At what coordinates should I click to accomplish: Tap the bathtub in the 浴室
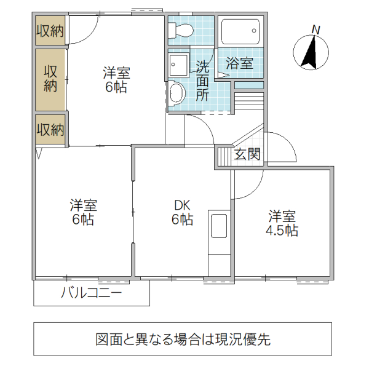pos(239,30)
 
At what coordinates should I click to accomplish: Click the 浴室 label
pos(239,63)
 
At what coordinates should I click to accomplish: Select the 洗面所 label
pos(202,80)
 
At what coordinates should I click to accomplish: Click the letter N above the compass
pos(316,29)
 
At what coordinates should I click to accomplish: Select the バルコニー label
pos(91,293)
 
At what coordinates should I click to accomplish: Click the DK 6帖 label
pos(182,212)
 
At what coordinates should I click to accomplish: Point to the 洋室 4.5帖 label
pos(281,224)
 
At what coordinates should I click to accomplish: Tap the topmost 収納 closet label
pos(50,32)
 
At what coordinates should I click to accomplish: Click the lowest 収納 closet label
pos(50,130)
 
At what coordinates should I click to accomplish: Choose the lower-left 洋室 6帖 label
pos(82,212)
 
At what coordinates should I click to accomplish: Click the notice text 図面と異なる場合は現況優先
pos(183,339)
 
